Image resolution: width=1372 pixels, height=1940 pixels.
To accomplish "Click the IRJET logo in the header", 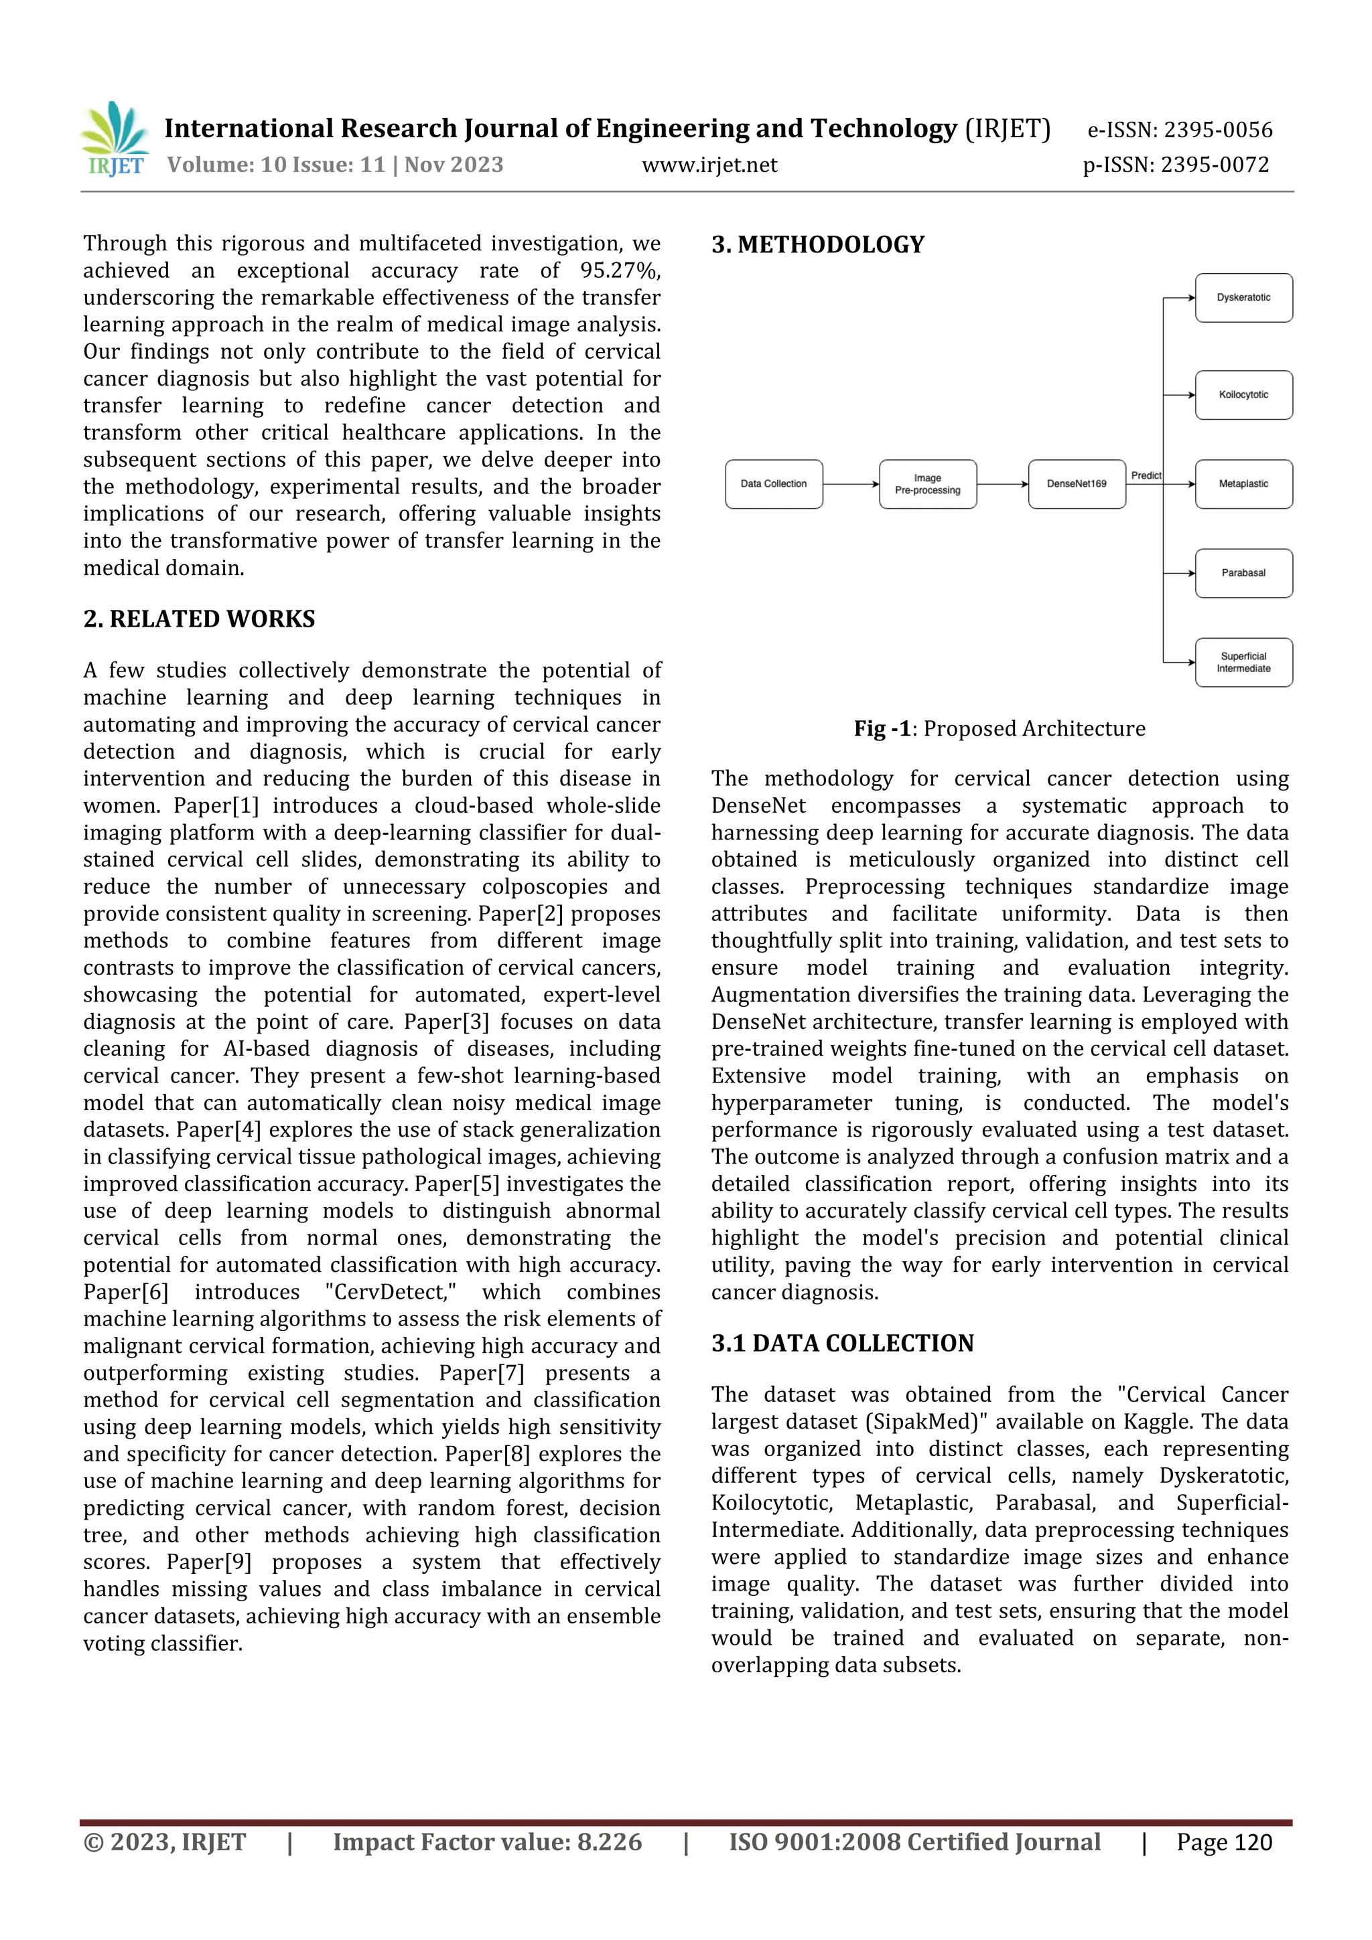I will click(x=114, y=139).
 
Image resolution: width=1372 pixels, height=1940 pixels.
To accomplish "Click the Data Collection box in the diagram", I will click(x=774, y=484).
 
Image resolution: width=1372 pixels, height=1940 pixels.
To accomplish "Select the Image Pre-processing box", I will click(x=927, y=484).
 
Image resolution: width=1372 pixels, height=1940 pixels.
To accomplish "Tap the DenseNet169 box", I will click(x=1076, y=484).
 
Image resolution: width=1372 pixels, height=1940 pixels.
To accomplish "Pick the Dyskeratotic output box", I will click(x=1243, y=297).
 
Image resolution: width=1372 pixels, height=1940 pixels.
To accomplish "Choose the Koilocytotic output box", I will click(x=1243, y=394).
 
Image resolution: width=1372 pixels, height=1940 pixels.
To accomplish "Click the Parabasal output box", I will click(x=1243, y=573).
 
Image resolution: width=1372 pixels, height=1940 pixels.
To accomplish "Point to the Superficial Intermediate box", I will click(x=1243, y=663).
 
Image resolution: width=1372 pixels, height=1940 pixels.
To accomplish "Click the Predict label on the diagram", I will click(x=1146, y=476).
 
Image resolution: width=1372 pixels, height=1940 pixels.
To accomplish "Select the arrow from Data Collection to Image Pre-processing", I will click(x=850, y=484).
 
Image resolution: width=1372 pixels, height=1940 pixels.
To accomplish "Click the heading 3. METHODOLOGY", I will click(x=817, y=245).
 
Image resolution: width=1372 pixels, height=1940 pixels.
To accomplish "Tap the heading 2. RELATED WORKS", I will click(x=199, y=619).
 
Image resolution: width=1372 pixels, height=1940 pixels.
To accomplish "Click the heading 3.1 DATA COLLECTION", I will click(x=842, y=1344).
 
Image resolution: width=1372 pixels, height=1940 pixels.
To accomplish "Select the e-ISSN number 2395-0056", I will click(x=1217, y=130).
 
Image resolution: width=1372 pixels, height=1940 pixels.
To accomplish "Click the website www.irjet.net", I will click(x=709, y=165).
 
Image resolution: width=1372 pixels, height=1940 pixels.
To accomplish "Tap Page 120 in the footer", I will click(x=1223, y=1842).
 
